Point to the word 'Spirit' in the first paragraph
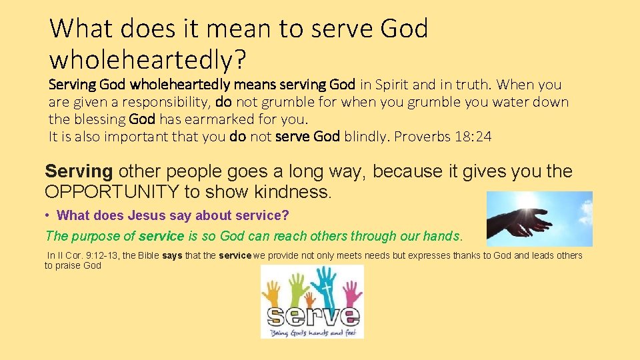(394, 85)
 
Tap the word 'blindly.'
(366, 137)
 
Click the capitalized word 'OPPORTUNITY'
(111, 192)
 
